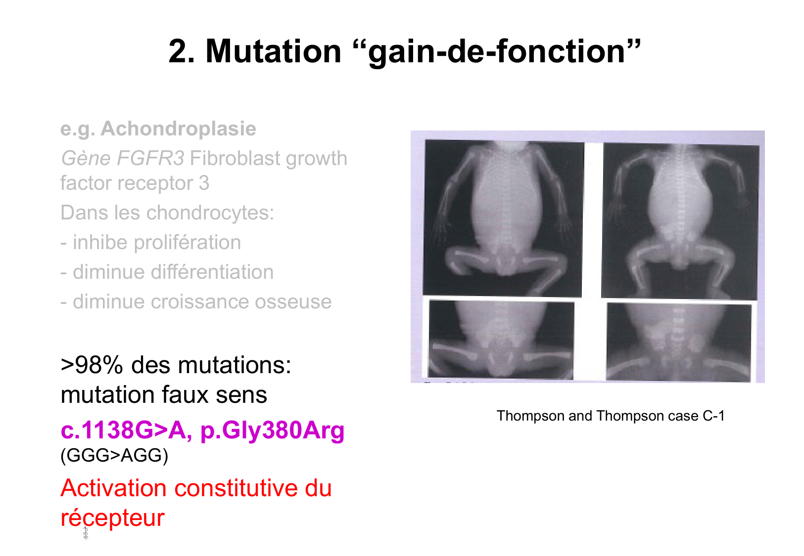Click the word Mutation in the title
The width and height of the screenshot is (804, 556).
pyautogui.click(x=273, y=51)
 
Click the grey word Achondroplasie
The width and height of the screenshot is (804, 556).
pyautogui.click(x=179, y=129)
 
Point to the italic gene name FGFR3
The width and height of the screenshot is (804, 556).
pyautogui.click(x=150, y=158)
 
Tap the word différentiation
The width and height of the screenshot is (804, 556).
pyautogui.click(x=212, y=272)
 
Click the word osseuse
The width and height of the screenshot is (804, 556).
pyautogui.click(x=293, y=302)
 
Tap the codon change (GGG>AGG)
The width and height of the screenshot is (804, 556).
pyautogui.click(x=114, y=456)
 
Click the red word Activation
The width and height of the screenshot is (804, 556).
pyautogui.click(x=113, y=488)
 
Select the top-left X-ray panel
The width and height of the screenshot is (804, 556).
pyautogui.click(x=503, y=218)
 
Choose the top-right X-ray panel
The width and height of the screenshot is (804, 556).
pyautogui.click(x=680, y=221)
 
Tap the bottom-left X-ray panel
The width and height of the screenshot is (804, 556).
pyautogui.click(x=501, y=340)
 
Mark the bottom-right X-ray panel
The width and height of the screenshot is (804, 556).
pyautogui.click(x=678, y=342)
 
